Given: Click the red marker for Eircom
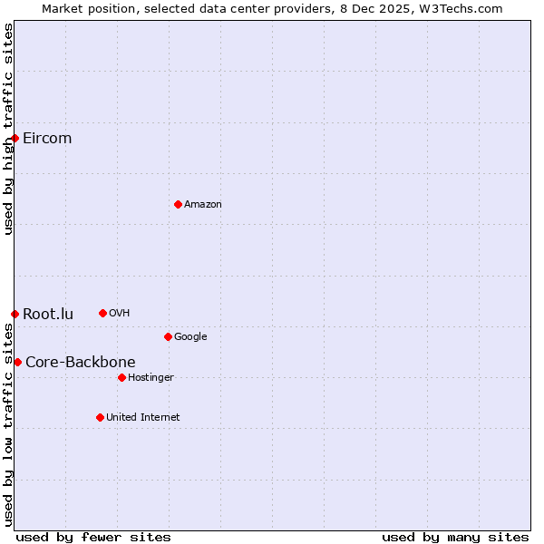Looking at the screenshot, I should tap(15, 138).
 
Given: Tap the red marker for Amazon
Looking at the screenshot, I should tap(178, 204).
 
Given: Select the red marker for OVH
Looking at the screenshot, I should tap(102, 313).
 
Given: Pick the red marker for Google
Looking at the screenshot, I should tap(168, 336).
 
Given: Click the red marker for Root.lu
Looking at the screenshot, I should tap(15, 314).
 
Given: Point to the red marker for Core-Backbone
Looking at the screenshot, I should tap(17, 362).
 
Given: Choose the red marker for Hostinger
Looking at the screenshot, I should tap(121, 377).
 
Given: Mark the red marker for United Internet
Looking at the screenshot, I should tap(100, 417).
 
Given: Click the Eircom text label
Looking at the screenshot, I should tap(47, 139).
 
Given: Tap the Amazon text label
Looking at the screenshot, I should tap(203, 205).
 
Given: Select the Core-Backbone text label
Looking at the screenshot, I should tap(80, 363).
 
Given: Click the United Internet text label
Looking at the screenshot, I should tap(142, 418).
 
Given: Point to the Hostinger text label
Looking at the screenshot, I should tap(151, 378).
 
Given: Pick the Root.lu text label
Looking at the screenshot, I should tap(48, 315).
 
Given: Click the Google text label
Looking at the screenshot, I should tap(190, 337).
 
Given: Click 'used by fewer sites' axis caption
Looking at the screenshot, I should tap(93, 537).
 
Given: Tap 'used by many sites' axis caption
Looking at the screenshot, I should tap(455, 537).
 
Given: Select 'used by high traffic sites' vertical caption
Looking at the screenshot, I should tap(8, 129).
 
